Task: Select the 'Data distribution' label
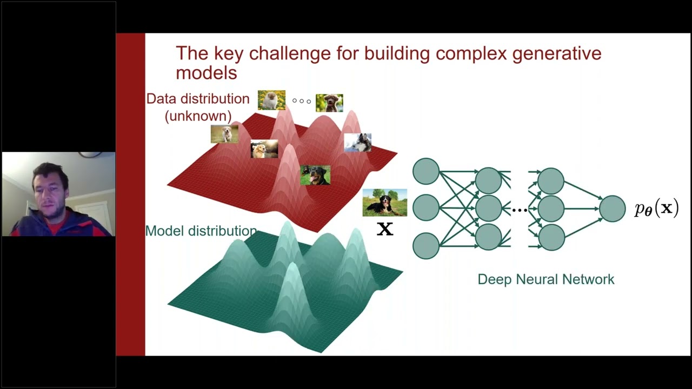pyautogui.click(x=198, y=99)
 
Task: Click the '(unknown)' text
pyautogui.click(x=198, y=116)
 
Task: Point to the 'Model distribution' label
pyautogui.click(x=201, y=231)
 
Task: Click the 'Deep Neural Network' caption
pyautogui.click(x=545, y=279)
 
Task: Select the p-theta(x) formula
pyautogui.click(x=656, y=209)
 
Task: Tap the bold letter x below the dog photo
pyautogui.click(x=384, y=229)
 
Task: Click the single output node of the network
pyautogui.click(x=612, y=209)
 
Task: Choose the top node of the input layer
pyautogui.click(x=426, y=171)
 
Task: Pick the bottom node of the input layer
pyautogui.click(x=426, y=246)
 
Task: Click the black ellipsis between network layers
pyautogui.click(x=519, y=210)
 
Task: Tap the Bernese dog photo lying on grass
pyautogui.click(x=384, y=203)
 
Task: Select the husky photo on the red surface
pyautogui.click(x=357, y=143)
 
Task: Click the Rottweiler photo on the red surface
pyautogui.click(x=315, y=175)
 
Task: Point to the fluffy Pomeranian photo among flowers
pyautogui.click(x=271, y=100)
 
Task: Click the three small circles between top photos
pyautogui.click(x=302, y=101)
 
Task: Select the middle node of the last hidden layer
pyautogui.click(x=551, y=209)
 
